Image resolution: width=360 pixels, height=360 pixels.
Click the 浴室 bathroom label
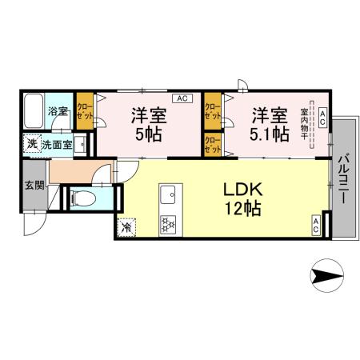[57, 111]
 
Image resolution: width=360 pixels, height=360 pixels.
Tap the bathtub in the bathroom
[34, 112]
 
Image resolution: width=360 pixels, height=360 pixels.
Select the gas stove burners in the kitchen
[169, 226]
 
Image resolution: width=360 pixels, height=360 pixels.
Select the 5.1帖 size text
[270, 133]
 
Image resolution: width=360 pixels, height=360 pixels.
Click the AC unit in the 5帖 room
[182, 98]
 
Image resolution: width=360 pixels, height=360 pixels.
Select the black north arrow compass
[325, 278]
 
